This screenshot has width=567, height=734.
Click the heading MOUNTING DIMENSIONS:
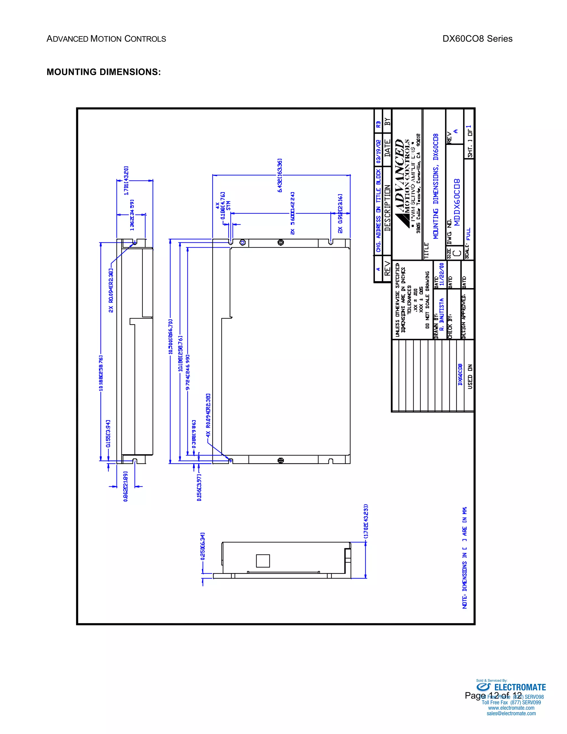click(x=104, y=72)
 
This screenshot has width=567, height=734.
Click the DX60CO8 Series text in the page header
click(x=477, y=39)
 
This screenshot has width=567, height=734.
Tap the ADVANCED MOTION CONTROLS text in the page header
click(x=106, y=39)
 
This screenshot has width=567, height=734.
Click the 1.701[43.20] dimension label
click(x=126, y=181)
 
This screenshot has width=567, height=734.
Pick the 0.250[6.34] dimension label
click(x=203, y=546)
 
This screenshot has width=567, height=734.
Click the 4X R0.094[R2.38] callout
click(x=208, y=415)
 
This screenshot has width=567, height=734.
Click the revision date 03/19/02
click(x=378, y=152)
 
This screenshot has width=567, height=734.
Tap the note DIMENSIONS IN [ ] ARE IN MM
click(x=465, y=558)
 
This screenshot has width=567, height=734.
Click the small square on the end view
click(x=263, y=561)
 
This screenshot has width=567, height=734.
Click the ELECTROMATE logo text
click(x=520, y=687)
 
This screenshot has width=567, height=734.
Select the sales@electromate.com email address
click(x=511, y=714)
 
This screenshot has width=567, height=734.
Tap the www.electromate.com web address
click(x=511, y=708)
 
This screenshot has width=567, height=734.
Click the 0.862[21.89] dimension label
click(x=126, y=486)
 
